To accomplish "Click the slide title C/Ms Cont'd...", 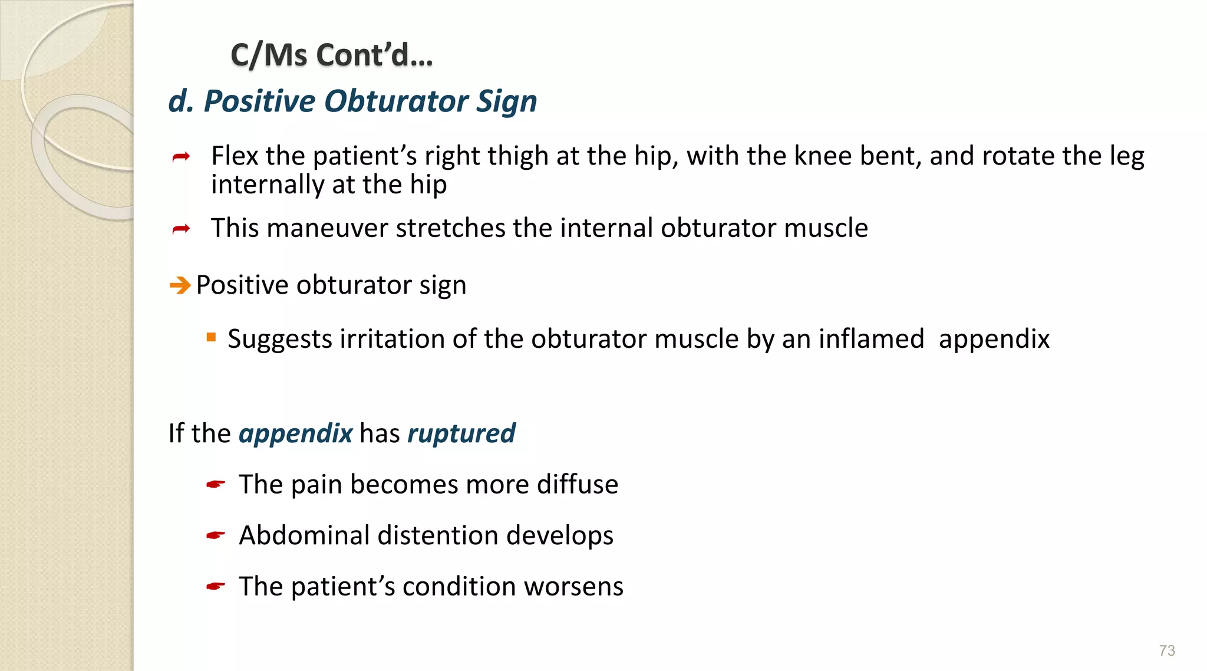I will point(331,55).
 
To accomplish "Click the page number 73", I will point(1166,650).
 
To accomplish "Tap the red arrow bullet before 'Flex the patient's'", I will point(181,157).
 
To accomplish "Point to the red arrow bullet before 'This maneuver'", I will point(181,229).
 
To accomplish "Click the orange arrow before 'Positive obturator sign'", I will point(180,286).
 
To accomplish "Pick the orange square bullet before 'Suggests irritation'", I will point(211,338).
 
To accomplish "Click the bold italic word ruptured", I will point(461,433).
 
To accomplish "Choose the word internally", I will point(268,185).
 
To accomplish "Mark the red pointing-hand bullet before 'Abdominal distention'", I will point(216,536).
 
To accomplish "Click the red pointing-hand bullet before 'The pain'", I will point(216,485).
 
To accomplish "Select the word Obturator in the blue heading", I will point(395,101).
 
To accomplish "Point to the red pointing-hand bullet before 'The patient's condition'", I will point(216,587).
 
